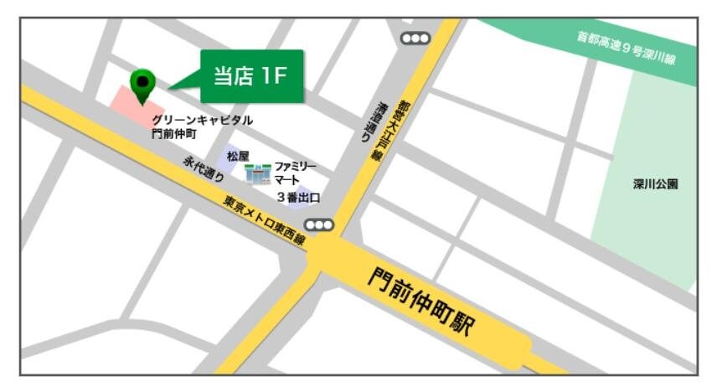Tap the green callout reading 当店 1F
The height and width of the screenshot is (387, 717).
(250, 76)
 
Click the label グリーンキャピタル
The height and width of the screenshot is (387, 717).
(202, 121)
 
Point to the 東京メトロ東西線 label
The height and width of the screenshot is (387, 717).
(264, 220)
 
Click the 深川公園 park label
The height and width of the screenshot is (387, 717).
(656, 184)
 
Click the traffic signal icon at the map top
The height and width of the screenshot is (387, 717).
(415, 38)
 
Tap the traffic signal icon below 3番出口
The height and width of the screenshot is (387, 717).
(319, 224)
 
